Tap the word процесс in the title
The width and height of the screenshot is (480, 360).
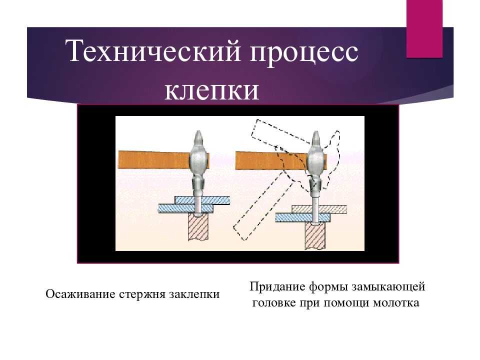click(304, 52)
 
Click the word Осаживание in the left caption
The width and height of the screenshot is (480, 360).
click(80, 294)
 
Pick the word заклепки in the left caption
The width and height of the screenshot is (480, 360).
click(194, 294)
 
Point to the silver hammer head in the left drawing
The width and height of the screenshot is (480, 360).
click(198, 165)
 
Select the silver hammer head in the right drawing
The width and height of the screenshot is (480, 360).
click(316, 165)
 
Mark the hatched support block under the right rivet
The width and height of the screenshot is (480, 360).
click(315, 235)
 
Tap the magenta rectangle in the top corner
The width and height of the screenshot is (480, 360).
click(424, 29)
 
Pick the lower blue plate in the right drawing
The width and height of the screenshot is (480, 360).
click(303, 217)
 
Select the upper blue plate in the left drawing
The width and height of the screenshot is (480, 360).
click(202, 200)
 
